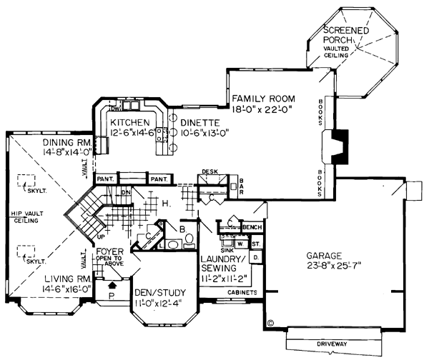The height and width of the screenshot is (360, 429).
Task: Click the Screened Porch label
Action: coord(346,34)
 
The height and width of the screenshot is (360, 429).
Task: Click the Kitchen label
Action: coord(129,122)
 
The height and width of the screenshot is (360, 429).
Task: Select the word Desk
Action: coord(209,172)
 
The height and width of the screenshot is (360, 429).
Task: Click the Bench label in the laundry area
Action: coord(252,227)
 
